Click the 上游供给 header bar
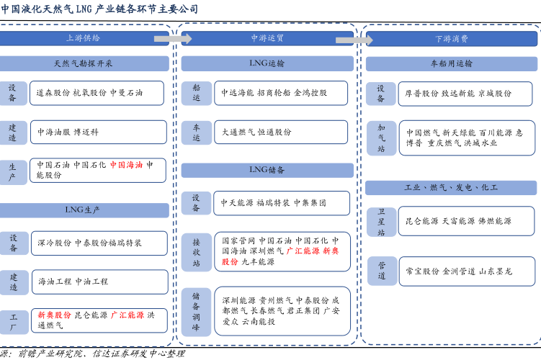coord(84,38)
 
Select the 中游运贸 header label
coord(267,38)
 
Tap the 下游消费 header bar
coord(451,39)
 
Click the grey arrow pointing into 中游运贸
coord(173,39)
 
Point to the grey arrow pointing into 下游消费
coord(354,40)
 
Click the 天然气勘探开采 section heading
coord(84,63)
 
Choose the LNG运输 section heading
coord(267,63)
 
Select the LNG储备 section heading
coord(267,170)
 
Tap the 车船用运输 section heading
coord(451,64)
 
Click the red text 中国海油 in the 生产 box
coord(126,165)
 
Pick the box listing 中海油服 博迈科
coord(99,132)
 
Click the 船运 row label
coord(197,93)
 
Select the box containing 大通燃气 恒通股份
coord(281,132)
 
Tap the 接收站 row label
coord(197,253)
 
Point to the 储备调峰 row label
coord(196,312)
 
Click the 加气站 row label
coord(381,138)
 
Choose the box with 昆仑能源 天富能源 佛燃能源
coord(467,221)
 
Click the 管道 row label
coord(382,271)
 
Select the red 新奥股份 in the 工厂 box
coord(54,315)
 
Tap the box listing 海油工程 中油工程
coord(99,282)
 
